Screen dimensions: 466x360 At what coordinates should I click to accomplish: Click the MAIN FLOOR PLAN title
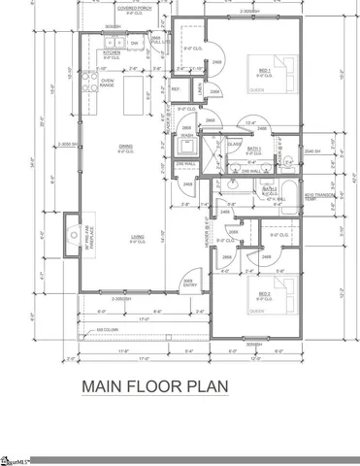click(x=154, y=386)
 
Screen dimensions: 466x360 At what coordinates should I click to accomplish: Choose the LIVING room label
click(x=126, y=234)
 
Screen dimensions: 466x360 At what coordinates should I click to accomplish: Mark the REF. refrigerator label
click(x=177, y=89)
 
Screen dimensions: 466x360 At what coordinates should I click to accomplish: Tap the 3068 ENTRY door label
click(x=190, y=283)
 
